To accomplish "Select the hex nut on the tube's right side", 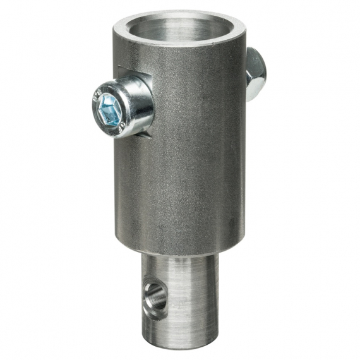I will (254, 73).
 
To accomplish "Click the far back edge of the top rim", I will (183, 13).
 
